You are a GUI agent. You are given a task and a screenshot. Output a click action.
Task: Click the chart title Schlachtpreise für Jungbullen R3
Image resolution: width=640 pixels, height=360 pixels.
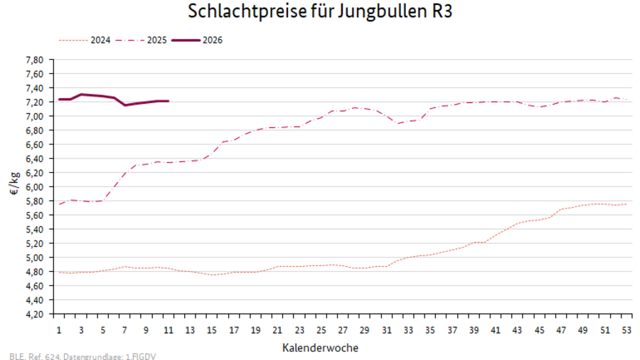319,12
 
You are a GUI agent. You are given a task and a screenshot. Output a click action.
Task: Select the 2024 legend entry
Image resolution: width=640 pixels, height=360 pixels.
100,40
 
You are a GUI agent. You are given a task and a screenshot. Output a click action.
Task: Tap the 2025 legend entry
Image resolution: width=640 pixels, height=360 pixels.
156,40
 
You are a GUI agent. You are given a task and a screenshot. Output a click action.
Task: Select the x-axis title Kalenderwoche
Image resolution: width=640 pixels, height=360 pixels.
320,348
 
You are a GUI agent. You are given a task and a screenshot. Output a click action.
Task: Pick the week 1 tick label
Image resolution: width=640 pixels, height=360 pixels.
59,330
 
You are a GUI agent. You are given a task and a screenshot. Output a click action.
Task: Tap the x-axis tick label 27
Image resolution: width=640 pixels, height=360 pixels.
342,330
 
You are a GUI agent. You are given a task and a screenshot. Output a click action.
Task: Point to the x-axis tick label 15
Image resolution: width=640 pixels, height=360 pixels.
211,330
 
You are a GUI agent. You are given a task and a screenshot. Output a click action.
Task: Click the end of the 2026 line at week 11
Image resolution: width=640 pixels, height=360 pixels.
168,101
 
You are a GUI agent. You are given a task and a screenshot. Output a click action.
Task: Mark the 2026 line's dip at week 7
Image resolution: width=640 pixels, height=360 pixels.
124,105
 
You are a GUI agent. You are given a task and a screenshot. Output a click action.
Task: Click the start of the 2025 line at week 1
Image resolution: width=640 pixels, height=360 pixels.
59,204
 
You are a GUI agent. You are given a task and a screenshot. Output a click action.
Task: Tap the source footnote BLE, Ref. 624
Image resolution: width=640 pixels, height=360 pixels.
82,355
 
